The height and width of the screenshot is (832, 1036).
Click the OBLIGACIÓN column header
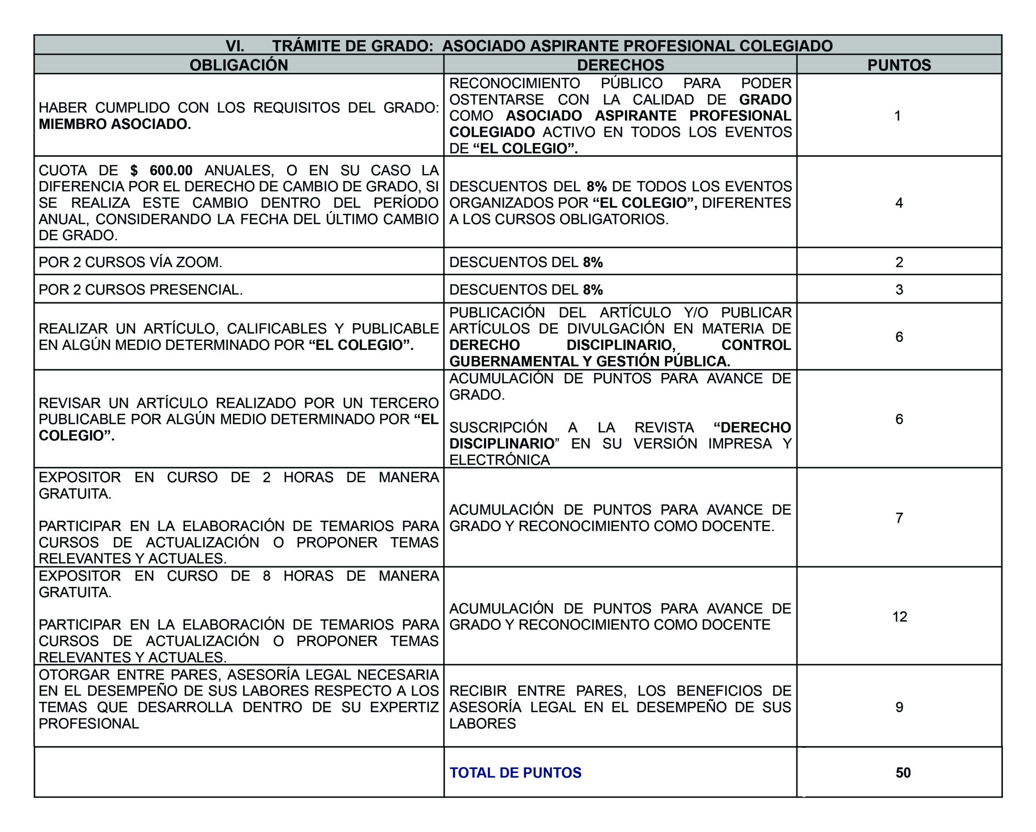pos(239,65)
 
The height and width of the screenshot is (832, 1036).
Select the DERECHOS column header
pos(620,65)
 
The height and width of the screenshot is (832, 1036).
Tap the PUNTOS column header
pos(899,65)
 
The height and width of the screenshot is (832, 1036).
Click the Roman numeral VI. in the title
pos(235,46)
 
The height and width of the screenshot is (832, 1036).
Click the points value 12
pos(900,616)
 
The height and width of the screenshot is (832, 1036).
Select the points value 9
pos(899,707)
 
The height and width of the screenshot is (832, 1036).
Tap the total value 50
pos(903,773)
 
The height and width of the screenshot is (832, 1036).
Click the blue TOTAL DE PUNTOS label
pos(515,773)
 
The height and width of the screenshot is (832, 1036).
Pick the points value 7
pos(899,518)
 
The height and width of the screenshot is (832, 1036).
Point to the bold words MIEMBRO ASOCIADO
pos(115,124)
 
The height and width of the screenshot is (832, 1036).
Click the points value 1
pos(897,116)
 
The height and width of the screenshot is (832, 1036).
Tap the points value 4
pos(899,203)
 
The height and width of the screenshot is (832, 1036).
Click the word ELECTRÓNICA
pos(499,460)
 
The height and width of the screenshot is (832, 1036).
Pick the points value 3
pos(899,290)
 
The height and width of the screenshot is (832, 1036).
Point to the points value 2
pos(899,262)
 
